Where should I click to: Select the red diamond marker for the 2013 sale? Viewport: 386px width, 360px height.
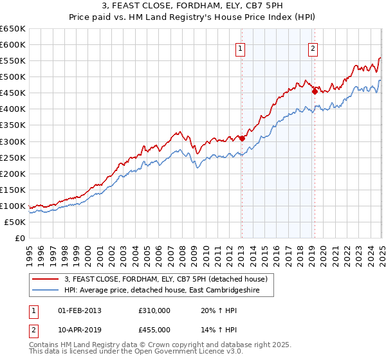(x=242, y=138)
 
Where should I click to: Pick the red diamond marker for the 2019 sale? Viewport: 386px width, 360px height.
(x=315, y=91)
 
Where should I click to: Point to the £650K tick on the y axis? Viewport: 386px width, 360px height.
(x=13, y=29)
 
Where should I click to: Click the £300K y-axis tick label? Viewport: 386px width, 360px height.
(x=13, y=141)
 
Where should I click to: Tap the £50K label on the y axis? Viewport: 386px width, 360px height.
(x=15, y=222)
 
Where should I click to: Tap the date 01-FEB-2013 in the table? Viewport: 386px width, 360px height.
(x=80, y=310)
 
